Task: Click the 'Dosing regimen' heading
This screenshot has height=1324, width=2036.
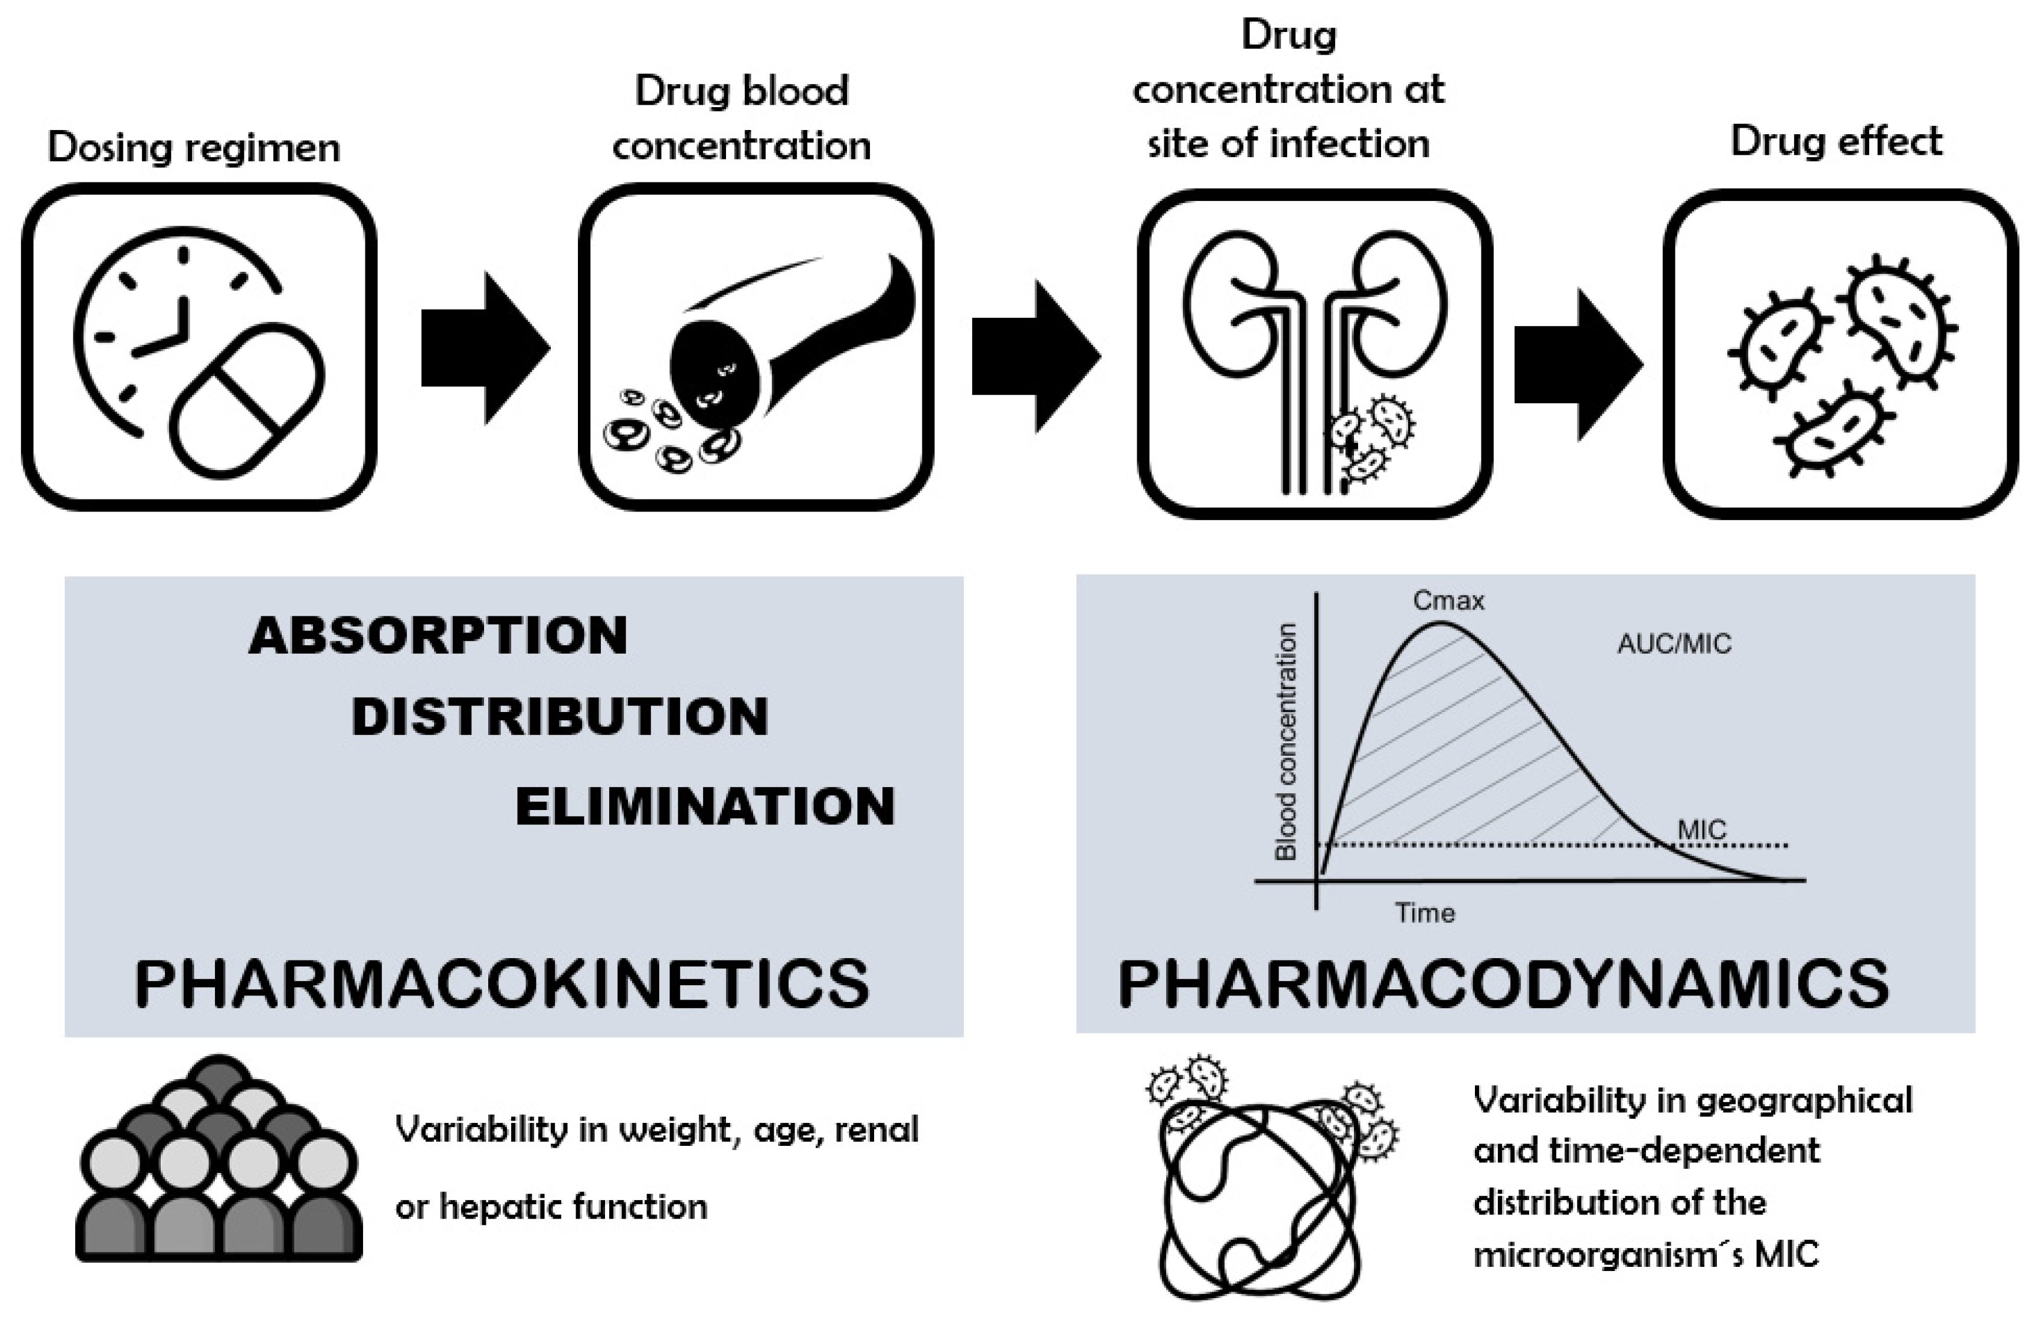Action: coord(194,147)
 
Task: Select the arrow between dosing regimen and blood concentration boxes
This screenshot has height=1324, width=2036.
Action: coord(484,348)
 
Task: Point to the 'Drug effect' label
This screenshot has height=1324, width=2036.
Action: coord(1836,141)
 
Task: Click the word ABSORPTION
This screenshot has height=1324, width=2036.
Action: coord(438,636)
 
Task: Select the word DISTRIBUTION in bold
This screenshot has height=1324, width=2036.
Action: coord(559,717)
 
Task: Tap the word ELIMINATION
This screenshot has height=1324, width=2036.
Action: coord(705,806)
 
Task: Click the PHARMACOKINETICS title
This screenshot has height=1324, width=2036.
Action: coord(502,983)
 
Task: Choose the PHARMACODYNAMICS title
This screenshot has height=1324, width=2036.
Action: coord(1503,983)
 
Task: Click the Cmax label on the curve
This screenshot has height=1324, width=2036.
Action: coord(1448,601)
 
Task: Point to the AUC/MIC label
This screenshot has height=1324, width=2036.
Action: coord(1674,643)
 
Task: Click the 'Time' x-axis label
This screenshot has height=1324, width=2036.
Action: coord(1425,912)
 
